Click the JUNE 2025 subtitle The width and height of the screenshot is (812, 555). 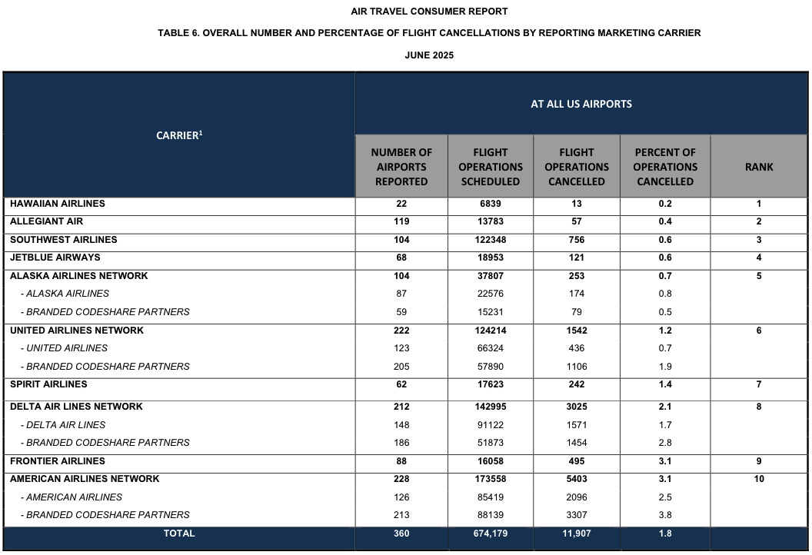[x=429, y=55]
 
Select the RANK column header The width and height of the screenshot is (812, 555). [x=759, y=167]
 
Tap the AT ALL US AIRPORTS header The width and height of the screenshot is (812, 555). [x=581, y=104]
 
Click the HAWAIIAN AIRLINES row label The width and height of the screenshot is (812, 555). [x=58, y=204]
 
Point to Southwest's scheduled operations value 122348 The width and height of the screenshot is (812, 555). [x=490, y=240]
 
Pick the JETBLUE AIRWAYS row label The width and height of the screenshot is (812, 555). [x=55, y=258]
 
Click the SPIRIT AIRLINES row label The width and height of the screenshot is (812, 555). [x=48, y=384]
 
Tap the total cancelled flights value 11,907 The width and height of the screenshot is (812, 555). [x=576, y=533]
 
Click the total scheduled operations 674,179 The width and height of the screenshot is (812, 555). [x=490, y=533]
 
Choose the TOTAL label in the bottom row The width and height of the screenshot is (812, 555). [x=179, y=533]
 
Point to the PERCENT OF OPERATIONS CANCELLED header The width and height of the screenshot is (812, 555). [x=665, y=167]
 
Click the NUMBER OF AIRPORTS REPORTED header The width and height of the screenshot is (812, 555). [x=401, y=167]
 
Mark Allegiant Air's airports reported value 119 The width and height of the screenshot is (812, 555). [x=401, y=221]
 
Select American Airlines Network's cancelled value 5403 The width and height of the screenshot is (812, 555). [x=576, y=479]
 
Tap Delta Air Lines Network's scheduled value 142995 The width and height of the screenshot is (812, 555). [x=490, y=407]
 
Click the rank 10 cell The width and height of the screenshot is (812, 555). [x=759, y=479]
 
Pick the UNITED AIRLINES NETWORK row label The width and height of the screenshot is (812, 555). [x=77, y=331]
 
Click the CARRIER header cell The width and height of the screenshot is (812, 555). [x=179, y=135]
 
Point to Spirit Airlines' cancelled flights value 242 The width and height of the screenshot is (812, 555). [x=576, y=384]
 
